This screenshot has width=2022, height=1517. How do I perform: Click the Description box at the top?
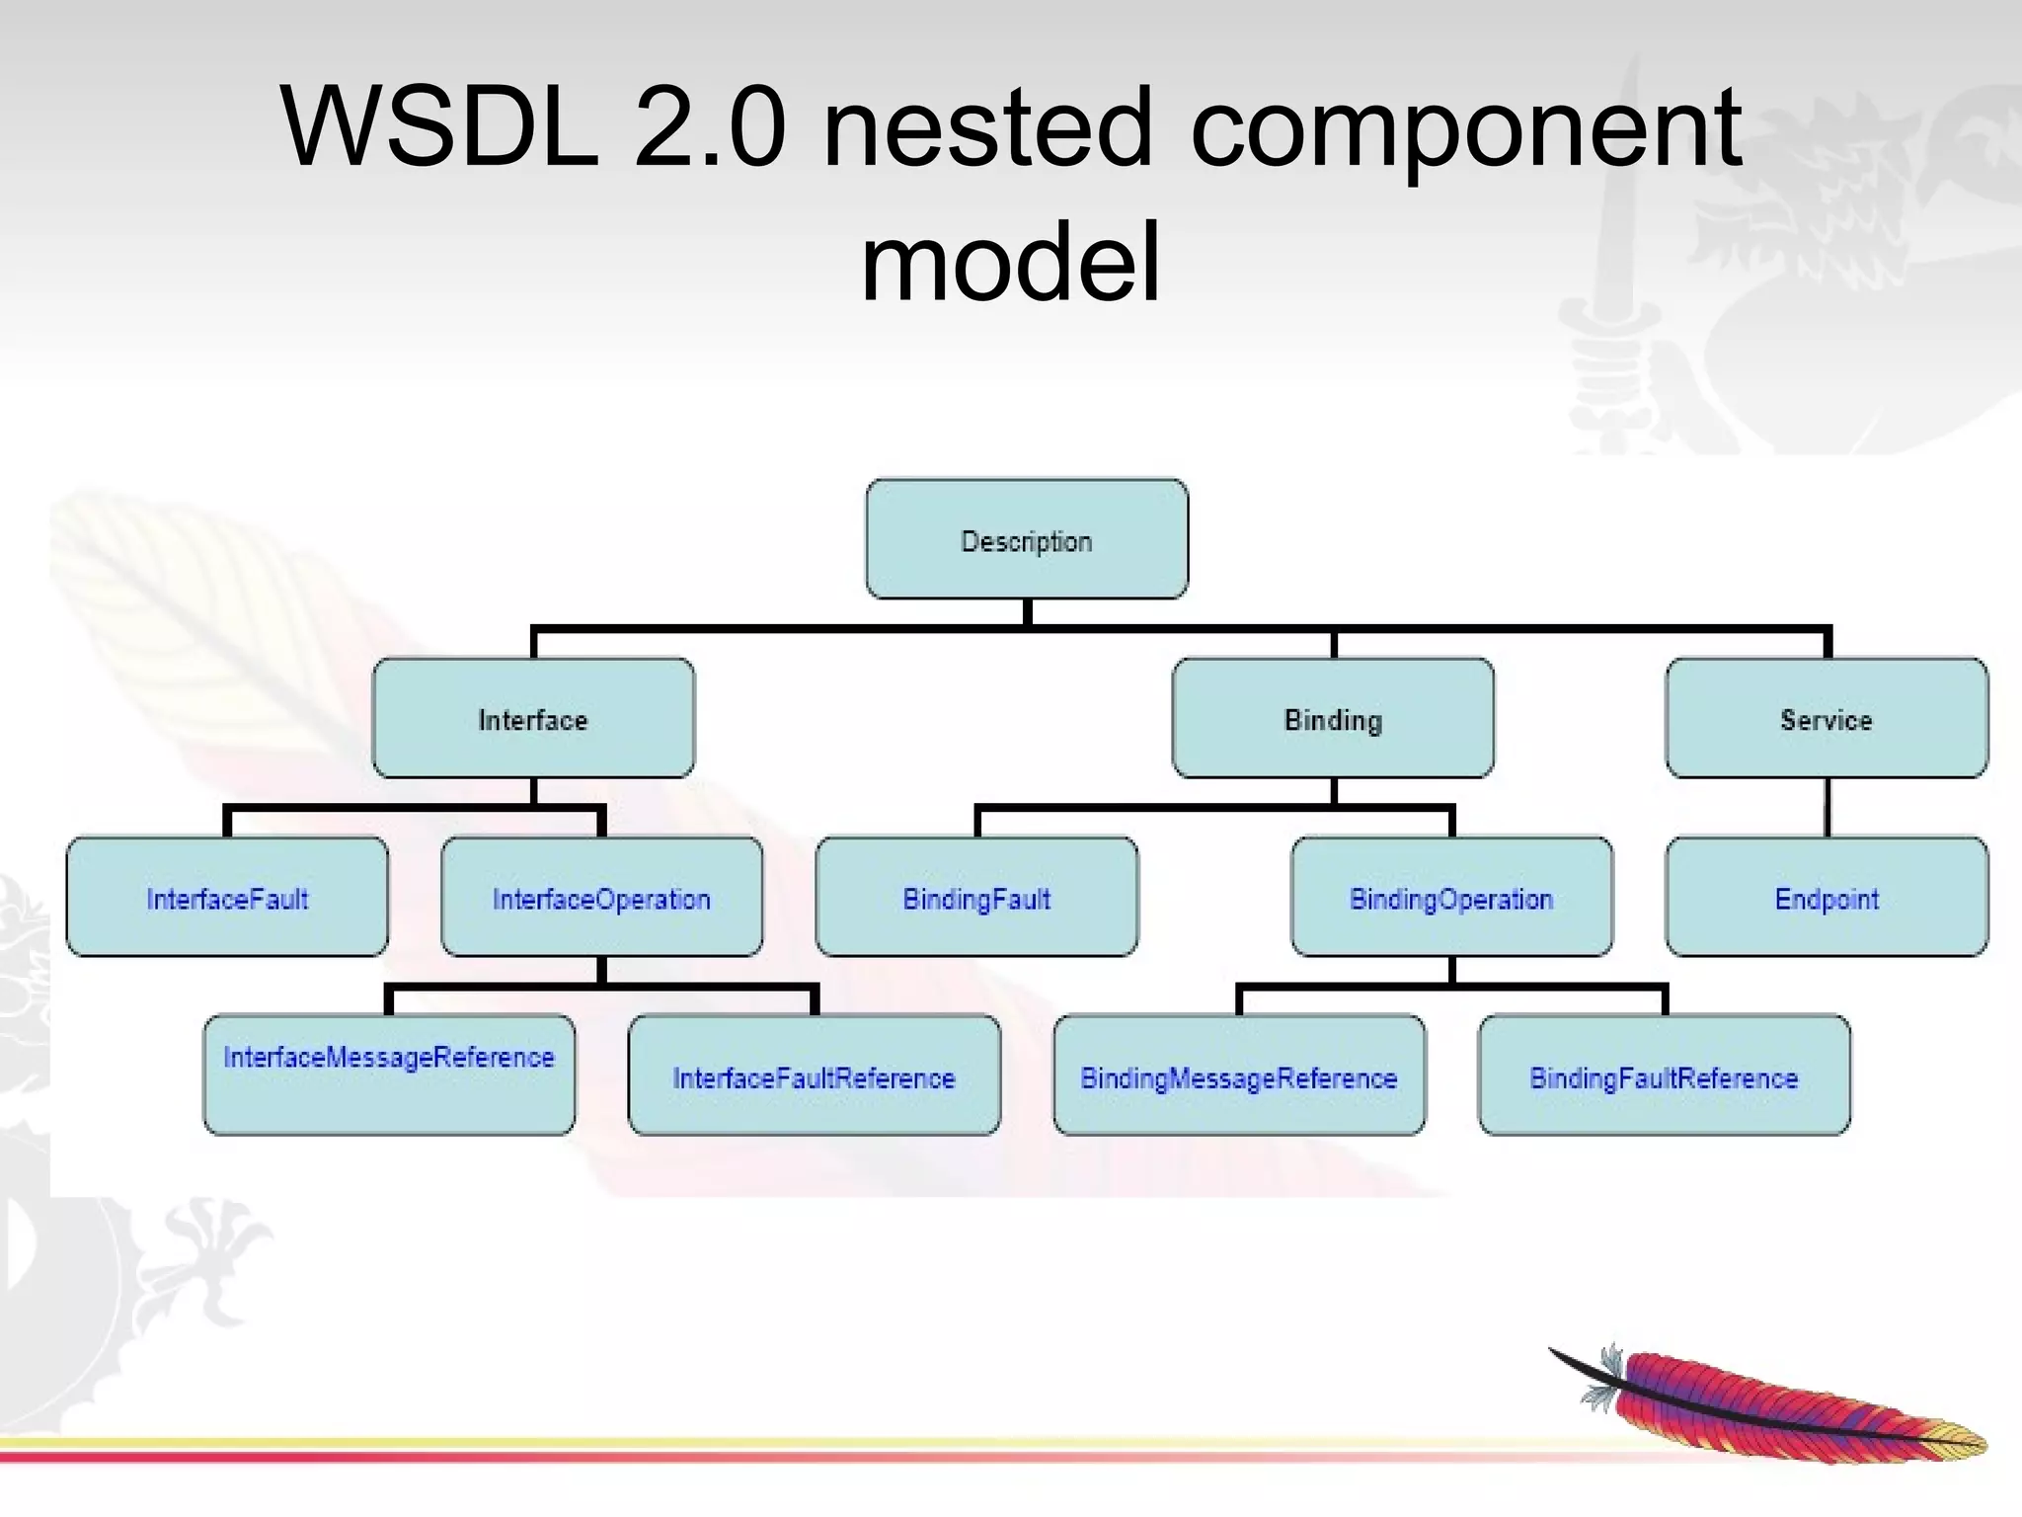(x=1027, y=539)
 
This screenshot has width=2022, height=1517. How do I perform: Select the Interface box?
(x=533, y=718)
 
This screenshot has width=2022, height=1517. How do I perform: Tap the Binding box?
(x=1333, y=718)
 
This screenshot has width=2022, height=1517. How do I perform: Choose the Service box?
(x=1827, y=718)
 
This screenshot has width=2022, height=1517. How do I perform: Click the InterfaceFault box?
(x=227, y=897)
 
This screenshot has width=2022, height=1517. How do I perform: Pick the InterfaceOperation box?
(x=601, y=897)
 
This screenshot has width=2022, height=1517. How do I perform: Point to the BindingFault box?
(x=976, y=897)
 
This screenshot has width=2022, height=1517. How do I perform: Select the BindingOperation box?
(x=1451, y=897)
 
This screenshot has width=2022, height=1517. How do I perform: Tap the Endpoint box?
(x=1827, y=897)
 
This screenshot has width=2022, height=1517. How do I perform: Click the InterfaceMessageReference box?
(x=389, y=1075)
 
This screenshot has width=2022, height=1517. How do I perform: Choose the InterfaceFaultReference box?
(x=814, y=1076)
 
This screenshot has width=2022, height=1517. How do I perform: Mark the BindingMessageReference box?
(x=1239, y=1076)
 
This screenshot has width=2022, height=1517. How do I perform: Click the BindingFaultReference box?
(x=1664, y=1076)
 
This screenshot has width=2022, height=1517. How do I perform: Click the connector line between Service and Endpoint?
(x=1827, y=808)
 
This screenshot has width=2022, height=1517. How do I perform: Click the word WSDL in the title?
(x=439, y=128)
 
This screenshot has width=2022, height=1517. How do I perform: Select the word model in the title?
(x=1010, y=263)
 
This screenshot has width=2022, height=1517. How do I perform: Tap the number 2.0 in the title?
(x=710, y=128)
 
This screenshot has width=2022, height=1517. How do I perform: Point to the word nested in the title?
(x=987, y=128)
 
